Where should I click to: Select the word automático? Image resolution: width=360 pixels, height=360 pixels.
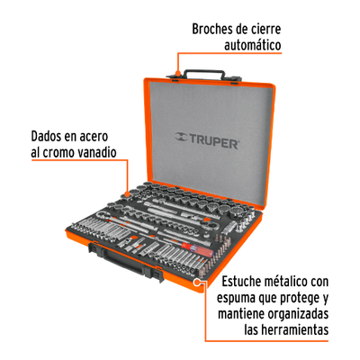pos(253,45)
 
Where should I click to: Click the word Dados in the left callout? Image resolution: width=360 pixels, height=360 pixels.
pos(45,137)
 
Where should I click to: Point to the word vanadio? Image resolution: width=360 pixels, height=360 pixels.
pos(97,152)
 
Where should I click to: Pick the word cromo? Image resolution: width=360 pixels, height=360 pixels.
pos(59,152)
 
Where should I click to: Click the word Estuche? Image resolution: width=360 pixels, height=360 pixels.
pos(243,282)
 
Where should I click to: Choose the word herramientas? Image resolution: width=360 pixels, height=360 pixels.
pos(293,330)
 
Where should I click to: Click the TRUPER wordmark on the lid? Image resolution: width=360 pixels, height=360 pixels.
pos(213,142)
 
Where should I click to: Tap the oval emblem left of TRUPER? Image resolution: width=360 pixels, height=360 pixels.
pos(181,137)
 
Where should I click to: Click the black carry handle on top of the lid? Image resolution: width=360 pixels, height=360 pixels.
pos(204,72)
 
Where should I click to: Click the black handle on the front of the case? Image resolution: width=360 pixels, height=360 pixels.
pos(126,261)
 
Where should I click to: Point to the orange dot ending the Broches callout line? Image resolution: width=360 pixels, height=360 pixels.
pos(177,73)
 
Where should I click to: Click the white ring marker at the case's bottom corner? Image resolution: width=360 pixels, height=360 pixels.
pos(197,282)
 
